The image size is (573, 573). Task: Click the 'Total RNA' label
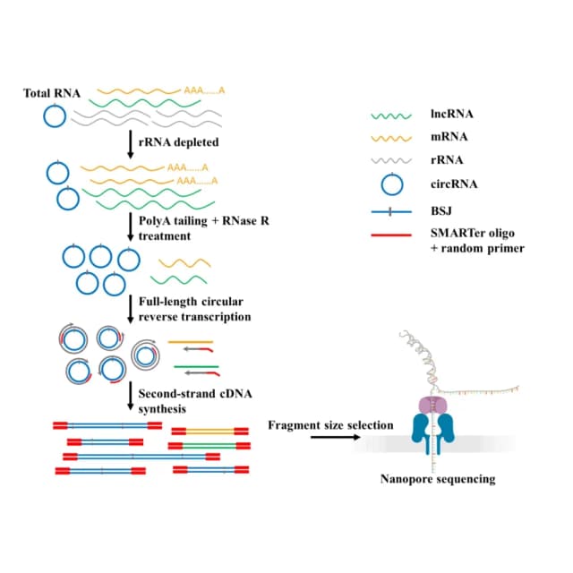52,93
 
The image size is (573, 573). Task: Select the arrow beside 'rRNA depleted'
130,144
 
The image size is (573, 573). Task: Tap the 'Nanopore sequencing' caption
438,479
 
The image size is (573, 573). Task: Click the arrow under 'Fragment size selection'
336,437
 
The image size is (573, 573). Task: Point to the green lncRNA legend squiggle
391,116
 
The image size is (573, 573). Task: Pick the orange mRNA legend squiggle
391,139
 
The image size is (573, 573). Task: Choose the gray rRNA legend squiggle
391,161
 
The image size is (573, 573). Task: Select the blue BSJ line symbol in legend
391,211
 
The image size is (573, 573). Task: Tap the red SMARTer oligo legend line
391,235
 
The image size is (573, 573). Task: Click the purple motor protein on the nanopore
433,406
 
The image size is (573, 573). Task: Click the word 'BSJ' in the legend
441,211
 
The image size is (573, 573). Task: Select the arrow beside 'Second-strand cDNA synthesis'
130,396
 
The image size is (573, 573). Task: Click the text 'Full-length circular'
191,302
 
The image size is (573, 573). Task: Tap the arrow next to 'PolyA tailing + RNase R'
130,227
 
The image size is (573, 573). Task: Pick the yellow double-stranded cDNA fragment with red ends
210,432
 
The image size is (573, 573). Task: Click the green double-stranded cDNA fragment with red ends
210,446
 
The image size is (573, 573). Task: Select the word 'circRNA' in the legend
454,184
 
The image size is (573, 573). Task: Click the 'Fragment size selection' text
330,425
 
